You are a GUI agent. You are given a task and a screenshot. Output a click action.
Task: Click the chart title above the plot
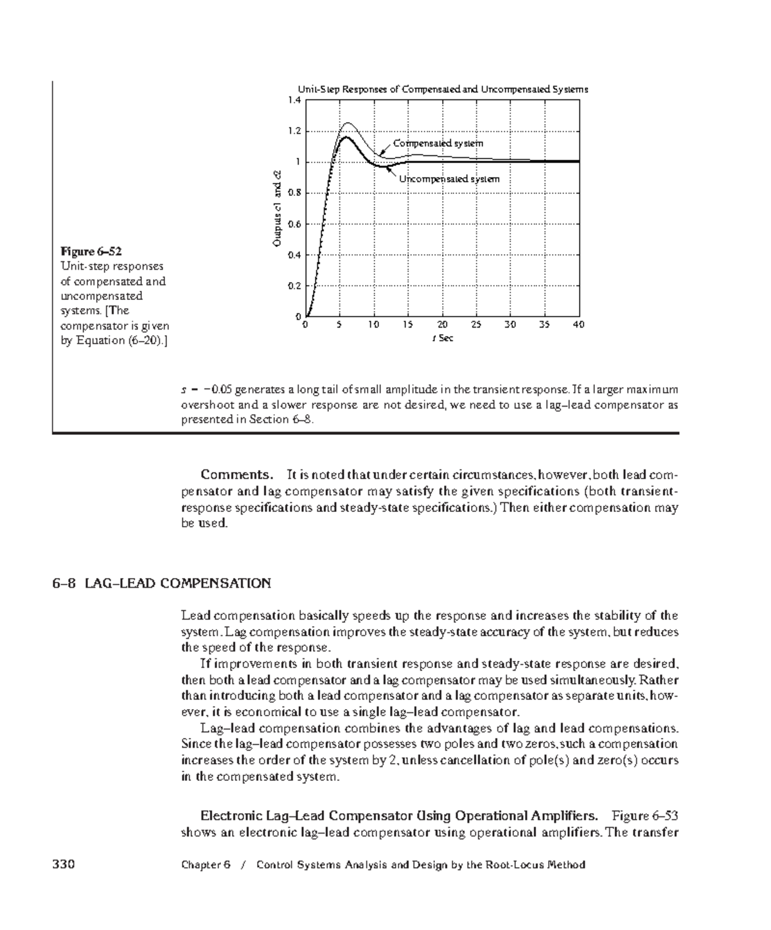pos(442,89)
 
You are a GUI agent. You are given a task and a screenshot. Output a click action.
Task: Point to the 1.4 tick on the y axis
pos(294,100)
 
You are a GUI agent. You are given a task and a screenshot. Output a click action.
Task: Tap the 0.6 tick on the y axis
pos(294,224)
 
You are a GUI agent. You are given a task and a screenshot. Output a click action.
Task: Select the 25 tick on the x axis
pos(476,325)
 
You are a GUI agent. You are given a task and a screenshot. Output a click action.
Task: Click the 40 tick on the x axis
pos(578,325)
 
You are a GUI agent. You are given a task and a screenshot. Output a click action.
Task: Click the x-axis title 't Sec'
pos(442,338)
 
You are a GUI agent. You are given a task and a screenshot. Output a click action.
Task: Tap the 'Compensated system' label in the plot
pos(438,143)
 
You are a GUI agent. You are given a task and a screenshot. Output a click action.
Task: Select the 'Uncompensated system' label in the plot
pos(448,179)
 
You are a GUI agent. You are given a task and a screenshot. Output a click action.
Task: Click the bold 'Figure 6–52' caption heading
pos(91,250)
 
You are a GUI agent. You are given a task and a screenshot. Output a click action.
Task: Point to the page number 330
pos(63,864)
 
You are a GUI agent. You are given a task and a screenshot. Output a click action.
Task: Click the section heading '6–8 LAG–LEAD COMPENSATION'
pos(161,583)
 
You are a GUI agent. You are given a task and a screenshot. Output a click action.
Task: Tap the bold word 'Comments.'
pos(236,475)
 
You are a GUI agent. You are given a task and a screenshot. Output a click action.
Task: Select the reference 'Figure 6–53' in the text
pos(645,816)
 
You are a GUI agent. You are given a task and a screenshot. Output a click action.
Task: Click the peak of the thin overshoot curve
pos(348,123)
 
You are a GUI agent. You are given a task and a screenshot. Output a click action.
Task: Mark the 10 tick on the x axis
pos(374,325)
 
